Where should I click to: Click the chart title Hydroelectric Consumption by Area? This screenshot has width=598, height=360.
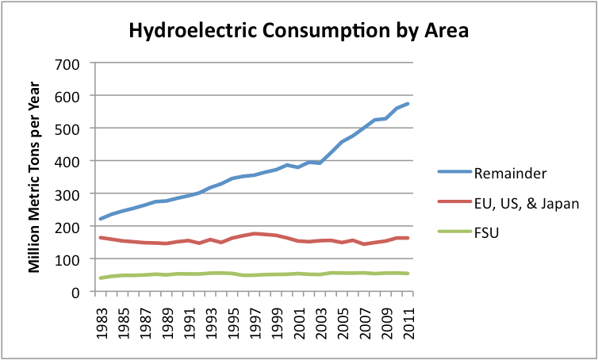(x=299, y=32)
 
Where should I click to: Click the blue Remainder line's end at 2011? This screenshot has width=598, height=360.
(x=408, y=104)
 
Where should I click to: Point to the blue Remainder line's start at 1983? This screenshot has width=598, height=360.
(x=101, y=219)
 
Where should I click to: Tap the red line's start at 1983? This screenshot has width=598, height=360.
(x=101, y=237)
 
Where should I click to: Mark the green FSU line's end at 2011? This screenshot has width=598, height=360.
(x=408, y=274)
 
